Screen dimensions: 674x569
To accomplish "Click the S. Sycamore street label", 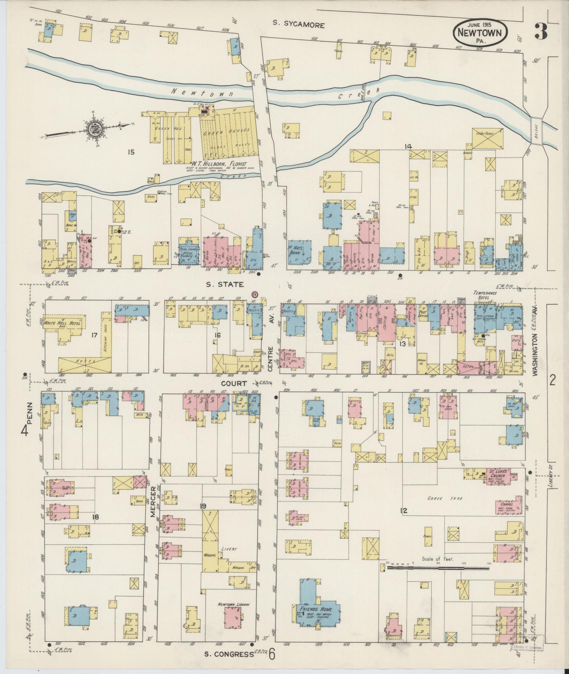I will [298, 24].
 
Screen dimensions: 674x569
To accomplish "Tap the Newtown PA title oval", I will [480, 32].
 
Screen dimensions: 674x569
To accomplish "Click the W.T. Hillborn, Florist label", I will [219, 164].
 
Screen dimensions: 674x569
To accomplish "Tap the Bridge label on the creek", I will [536, 131].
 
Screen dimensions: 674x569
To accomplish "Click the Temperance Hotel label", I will [486, 295].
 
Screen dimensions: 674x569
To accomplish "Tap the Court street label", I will [234, 383].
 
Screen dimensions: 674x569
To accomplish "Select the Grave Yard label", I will [440, 498].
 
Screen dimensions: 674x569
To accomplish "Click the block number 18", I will [95, 517].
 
